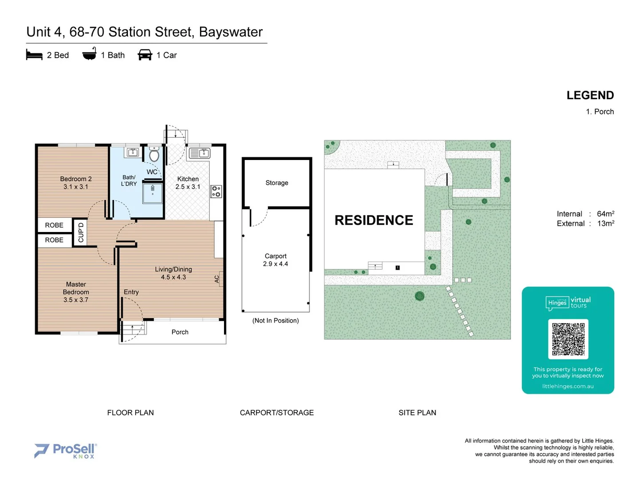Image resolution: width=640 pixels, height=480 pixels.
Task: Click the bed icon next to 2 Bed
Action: pyautogui.click(x=34, y=55)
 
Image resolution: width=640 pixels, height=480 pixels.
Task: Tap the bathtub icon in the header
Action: pyautogui.click(x=89, y=54)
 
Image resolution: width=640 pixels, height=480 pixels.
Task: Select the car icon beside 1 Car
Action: pyautogui.click(x=145, y=55)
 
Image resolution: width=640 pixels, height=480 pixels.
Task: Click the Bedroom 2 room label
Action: pyautogui.click(x=76, y=179)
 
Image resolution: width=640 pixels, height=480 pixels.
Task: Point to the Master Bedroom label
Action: pyautogui.click(x=76, y=288)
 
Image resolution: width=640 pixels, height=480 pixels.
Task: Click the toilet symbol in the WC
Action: pyautogui.click(x=154, y=155)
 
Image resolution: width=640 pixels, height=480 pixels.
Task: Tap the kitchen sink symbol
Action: pyautogui.click(x=200, y=153)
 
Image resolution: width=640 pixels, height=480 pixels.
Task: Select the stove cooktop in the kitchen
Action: pyautogui.click(x=216, y=192)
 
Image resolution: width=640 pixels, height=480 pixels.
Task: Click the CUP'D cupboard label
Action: pyautogui.click(x=80, y=232)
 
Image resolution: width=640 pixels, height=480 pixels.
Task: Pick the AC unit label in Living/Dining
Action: pyautogui.click(x=217, y=279)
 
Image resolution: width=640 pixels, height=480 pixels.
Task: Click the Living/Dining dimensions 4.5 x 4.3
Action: pyautogui.click(x=173, y=277)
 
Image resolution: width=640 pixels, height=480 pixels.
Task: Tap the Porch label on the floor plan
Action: pyautogui.click(x=180, y=332)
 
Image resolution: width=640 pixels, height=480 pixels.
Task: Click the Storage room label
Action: pyautogui.click(x=277, y=183)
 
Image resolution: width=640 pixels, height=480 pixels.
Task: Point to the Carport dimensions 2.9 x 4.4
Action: pyautogui.click(x=276, y=264)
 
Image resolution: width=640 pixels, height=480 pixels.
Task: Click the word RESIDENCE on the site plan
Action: pyautogui.click(x=374, y=220)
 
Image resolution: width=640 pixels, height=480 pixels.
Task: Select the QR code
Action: pyautogui.click(x=568, y=339)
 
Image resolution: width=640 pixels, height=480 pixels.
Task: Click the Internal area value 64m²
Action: pyautogui.click(x=605, y=214)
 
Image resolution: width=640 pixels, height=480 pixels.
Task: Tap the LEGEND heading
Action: pyautogui.click(x=590, y=96)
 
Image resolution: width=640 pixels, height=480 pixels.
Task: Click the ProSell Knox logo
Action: pyautogui.click(x=65, y=451)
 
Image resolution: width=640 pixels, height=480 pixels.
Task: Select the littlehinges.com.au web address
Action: pyautogui.click(x=568, y=386)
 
